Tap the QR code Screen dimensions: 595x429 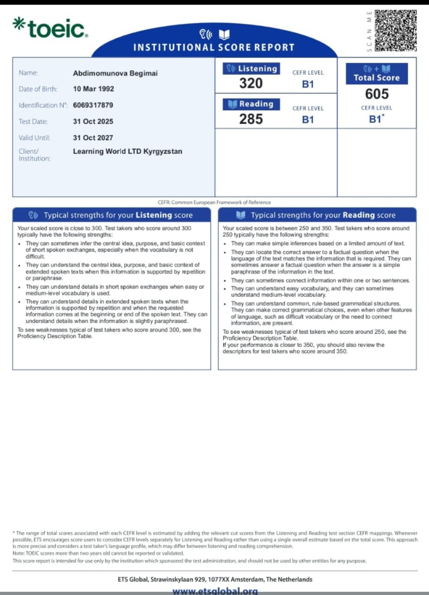click(395, 30)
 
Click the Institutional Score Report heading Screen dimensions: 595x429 click(214, 47)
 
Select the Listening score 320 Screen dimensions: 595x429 click(251, 83)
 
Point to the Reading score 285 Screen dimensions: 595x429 click(251, 119)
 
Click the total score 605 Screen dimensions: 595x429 click(377, 94)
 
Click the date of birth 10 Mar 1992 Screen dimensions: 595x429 click(93, 89)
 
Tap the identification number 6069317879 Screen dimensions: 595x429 click(93, 105)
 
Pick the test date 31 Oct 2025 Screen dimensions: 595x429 click(93, 121)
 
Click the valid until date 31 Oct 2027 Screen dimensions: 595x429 click(93, 138)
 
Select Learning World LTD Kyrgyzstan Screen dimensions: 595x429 click(128, 152)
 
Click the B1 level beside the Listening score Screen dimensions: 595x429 click(308, 84)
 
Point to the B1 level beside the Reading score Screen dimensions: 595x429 click(308, 119)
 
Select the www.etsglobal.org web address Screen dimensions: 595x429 click(214, 591)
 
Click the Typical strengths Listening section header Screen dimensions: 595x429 click(111, 215)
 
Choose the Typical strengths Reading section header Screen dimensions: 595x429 click(317, 215)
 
